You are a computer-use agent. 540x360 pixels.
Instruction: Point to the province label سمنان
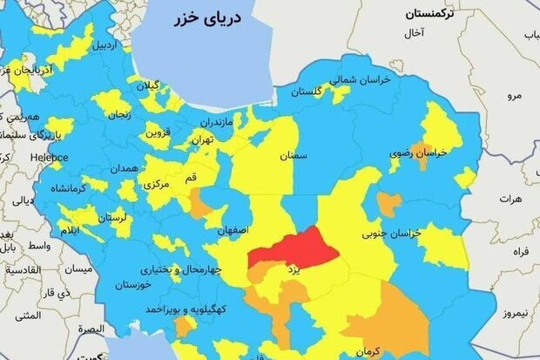(x=294, y=156)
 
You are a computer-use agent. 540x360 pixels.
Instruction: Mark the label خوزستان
(x=137, y=284)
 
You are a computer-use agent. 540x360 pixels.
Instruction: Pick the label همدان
(x=125, y=167)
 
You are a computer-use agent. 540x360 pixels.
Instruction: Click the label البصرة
(x=88, y=329)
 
